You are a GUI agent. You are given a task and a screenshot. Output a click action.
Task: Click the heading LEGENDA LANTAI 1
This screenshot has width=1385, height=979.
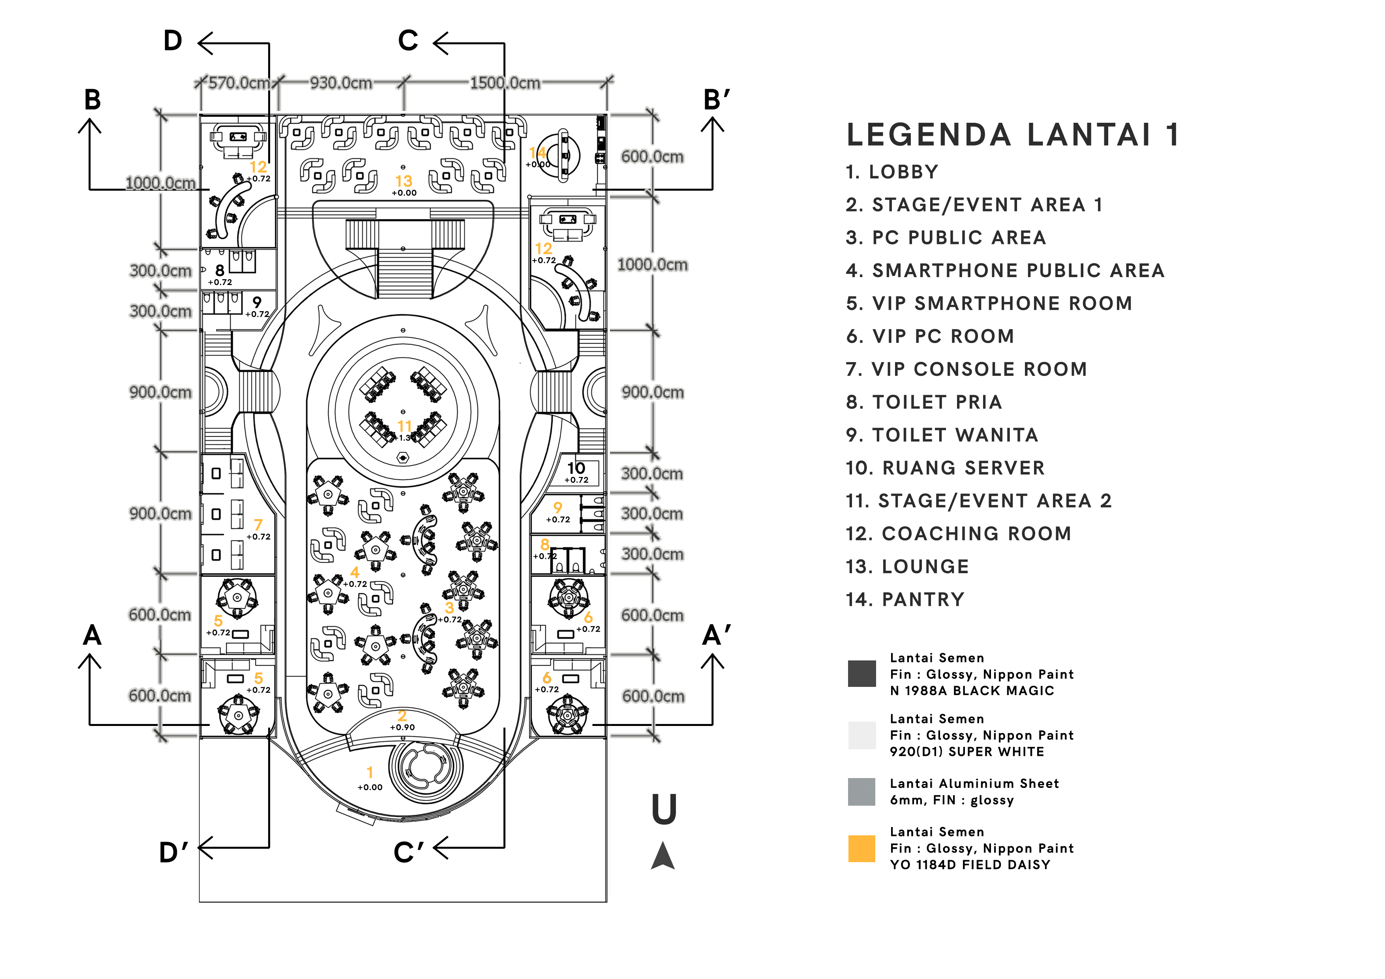click(x=1012, y=135)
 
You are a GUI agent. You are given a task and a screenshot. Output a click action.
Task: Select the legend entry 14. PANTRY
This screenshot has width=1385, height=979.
click(x=905, y=600)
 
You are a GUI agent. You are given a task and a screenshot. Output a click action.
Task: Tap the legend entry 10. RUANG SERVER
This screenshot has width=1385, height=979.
click(x=945, y=468)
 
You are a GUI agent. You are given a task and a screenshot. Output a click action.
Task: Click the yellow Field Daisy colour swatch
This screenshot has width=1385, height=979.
click(x=861, y=848)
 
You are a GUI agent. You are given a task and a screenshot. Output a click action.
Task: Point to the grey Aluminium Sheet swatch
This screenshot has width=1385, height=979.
click(x=861, y=791)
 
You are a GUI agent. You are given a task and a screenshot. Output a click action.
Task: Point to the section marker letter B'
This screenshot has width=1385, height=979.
click(x=717, y=99)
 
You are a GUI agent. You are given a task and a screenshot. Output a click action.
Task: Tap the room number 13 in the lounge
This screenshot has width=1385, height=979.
click(x=403, y=181)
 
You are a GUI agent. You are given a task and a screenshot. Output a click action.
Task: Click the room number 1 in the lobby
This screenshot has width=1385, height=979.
click(x=370, y=773)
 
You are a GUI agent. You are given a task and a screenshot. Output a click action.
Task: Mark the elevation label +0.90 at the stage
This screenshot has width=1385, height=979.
click(x=402, y=728)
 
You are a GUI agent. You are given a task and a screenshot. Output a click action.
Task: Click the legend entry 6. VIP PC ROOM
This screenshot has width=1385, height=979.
click(x=929, y=337)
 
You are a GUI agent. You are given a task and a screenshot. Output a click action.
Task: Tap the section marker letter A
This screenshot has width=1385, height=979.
click(x=92, y=635)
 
